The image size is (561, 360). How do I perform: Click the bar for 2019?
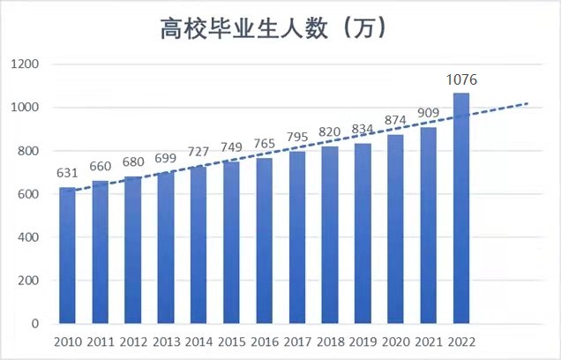click(363, 234)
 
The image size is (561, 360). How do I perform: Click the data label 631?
click(67, 175)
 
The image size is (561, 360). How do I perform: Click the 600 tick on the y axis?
click(27, 194)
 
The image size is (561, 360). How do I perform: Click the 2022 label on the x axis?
click(461, 341)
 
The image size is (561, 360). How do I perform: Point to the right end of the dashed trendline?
click(527, 103)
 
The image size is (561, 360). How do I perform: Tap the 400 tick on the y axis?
click(27, 237)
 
